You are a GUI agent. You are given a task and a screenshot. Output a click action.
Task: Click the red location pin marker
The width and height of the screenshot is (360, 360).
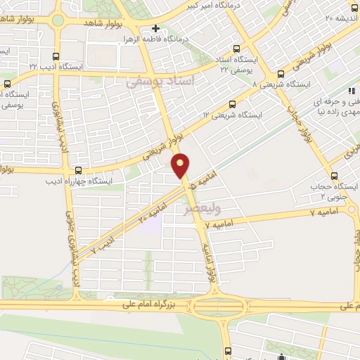click(181, 165)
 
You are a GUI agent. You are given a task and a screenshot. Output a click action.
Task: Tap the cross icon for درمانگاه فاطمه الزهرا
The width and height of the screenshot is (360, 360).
click(156, 29)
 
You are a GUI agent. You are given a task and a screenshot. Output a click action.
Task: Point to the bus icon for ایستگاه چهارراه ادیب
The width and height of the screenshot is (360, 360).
click(78, 171)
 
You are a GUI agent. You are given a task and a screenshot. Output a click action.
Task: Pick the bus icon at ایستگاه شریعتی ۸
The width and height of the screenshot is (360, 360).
click(280, 72)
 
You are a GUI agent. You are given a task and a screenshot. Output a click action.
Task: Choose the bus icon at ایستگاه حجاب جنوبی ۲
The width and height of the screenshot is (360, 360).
click(334, 176)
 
